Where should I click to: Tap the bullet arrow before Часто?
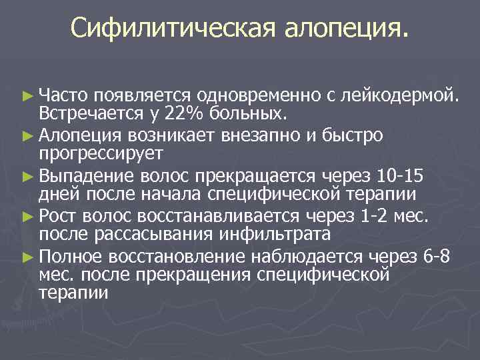27,97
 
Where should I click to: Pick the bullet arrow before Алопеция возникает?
27,136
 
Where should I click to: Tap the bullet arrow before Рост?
27,215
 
